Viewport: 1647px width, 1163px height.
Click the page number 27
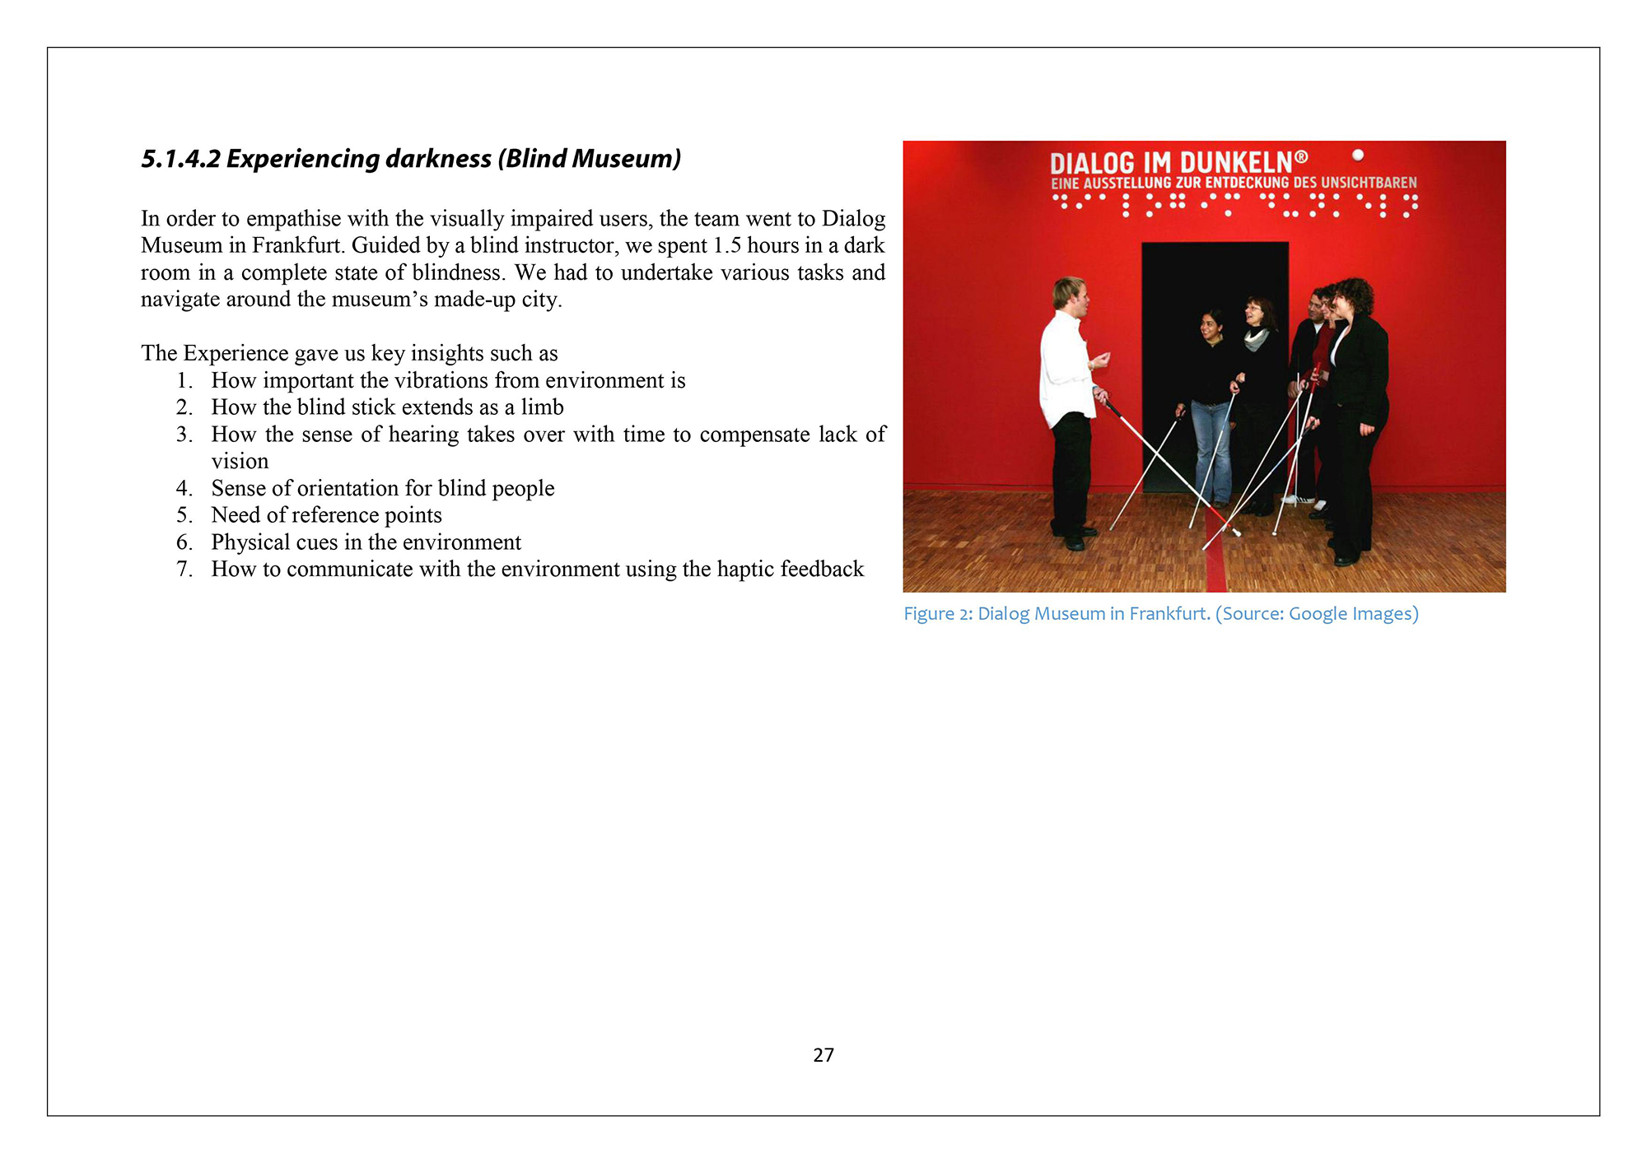pos(823,1054)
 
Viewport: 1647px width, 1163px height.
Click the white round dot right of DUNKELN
pos(1358,155)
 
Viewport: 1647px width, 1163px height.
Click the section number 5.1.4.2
pos(180,158)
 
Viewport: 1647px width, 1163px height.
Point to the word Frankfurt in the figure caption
pos(1169,614)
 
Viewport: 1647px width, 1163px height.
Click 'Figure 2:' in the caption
pos(938,614)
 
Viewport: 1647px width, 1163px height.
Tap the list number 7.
pos(184,569)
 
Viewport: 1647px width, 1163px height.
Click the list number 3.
pos(184,434)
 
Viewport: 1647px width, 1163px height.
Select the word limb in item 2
pos(542,407)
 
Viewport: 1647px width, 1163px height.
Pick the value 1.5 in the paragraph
pos(726,245)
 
